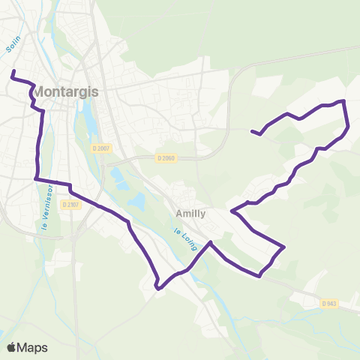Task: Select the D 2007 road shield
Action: pyautogui.click(x=101, y=148)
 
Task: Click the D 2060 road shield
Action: pyautogui.click(x=166, y=157)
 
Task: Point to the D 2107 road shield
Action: pyautogui.click(x=70, y=204)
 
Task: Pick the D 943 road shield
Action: pyautogui.click(x=328, y=303)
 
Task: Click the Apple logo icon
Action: pyautogui.click(x=12, y=347)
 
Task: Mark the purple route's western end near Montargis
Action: pyautogui.click(x=13, y=72)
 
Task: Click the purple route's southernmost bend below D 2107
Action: pyautogui.click(x=157, y=287)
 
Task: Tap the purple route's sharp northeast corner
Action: pyautogui.click(x=343, y=100)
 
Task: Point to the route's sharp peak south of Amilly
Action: pyautogui.click(x=211, y=242)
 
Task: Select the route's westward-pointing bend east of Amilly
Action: pyautogui.click(x=232, y=211)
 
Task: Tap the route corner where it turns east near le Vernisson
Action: pyautogui.click(x=36, y=178)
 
